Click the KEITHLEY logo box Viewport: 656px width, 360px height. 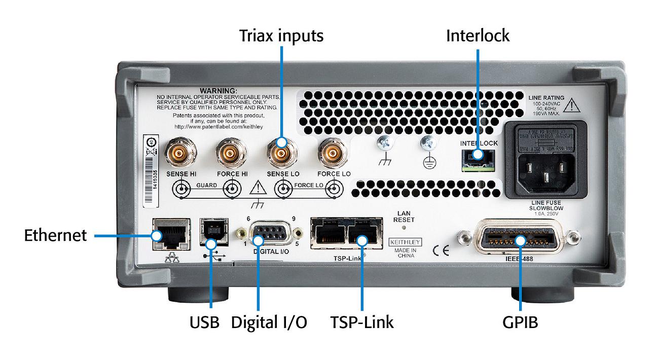click(x=405, y=241)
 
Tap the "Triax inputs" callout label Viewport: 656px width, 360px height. click(x=281, y=35)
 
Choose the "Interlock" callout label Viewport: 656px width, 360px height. click(x=478, y=35)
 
